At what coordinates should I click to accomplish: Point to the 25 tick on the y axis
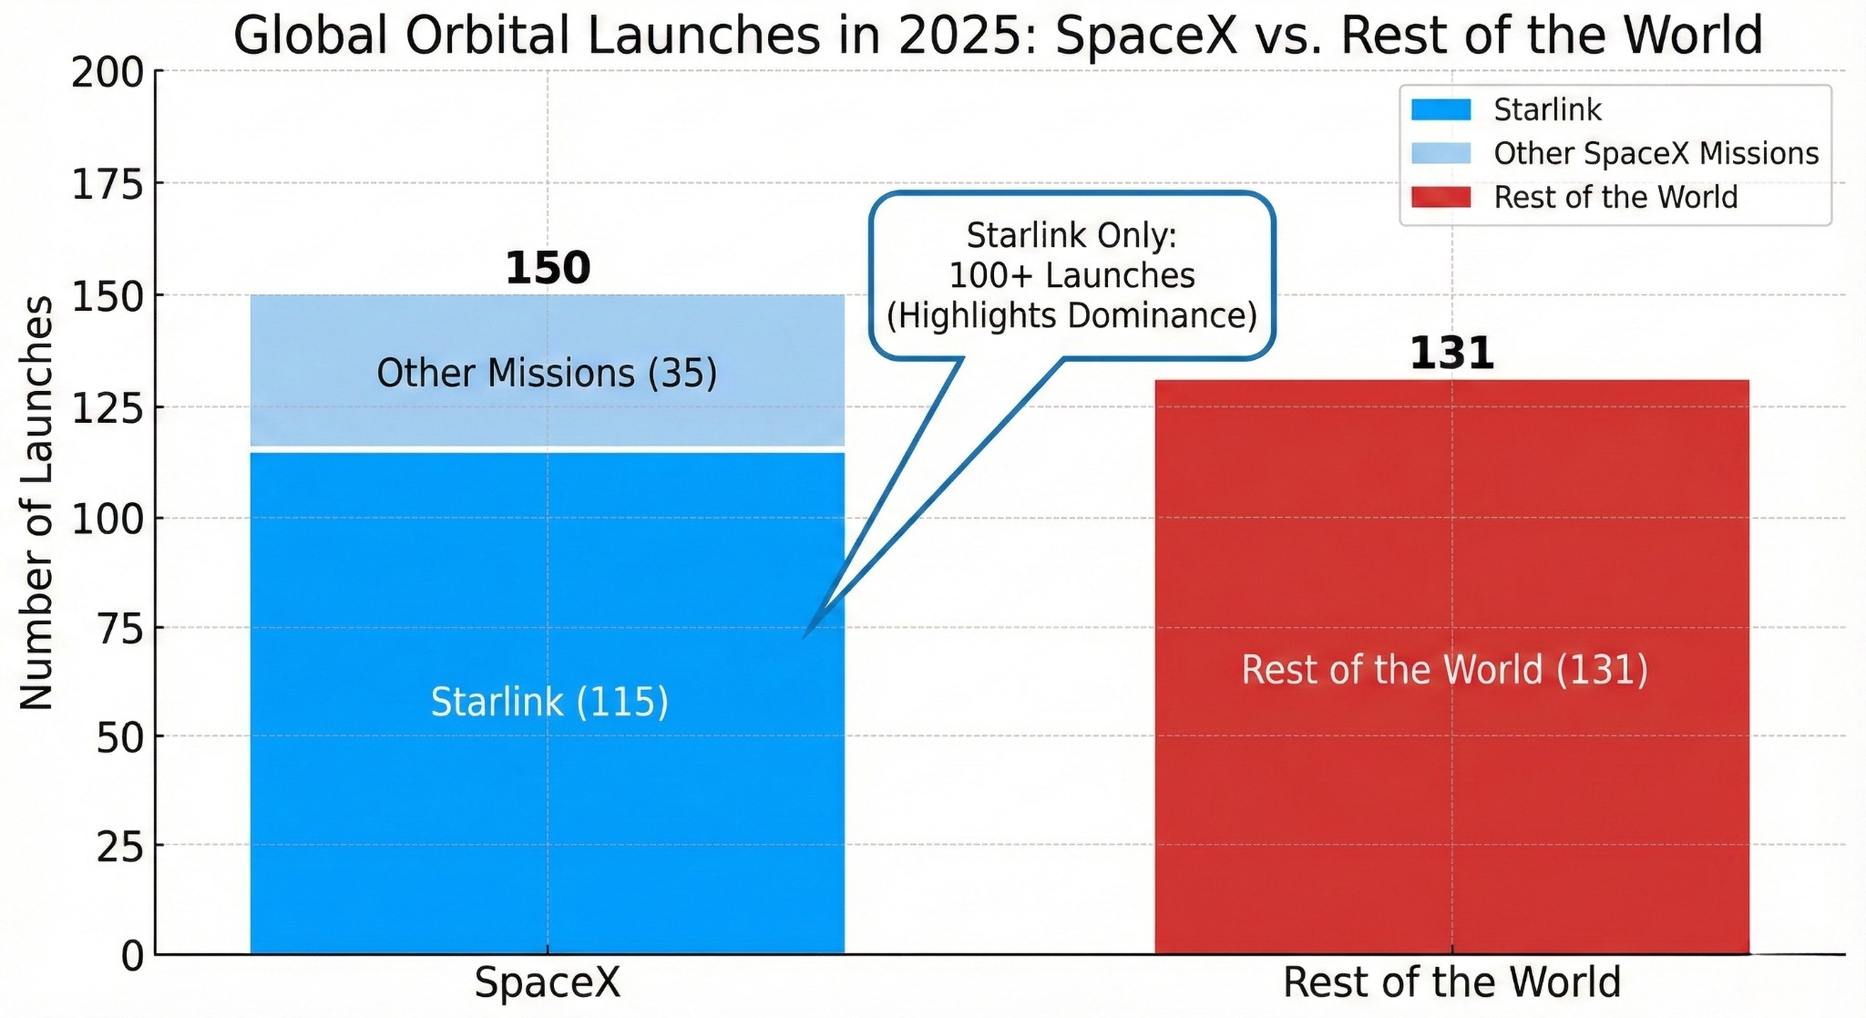(x=120, y=848)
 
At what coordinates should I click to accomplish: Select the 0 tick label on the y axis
(x=132, y=956)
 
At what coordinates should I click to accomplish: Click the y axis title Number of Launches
(x=36, y=503)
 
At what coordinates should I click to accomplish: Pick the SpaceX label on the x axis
(x=547, y=983)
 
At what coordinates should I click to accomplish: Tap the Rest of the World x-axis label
(x=1451, y=983)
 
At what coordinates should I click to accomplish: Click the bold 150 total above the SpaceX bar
(x=548, y=268)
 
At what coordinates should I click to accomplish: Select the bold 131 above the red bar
(x=1451, y=354)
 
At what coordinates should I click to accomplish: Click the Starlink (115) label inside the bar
(x=549, y=702)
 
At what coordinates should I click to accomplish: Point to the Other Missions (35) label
(x=547, y=374)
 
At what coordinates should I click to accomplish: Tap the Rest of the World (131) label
(x=1444, y=670)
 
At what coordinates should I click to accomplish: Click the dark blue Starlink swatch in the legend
(x=1441, y=110)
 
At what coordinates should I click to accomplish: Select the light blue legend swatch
(x=1441, y=153)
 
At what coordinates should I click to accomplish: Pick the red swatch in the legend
(x=1441, y=197)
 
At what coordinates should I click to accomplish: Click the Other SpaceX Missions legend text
(x=1656, y=153)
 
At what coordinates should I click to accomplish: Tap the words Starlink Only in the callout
(x=1071, y=235)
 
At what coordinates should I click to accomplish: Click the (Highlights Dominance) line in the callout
(x=1071, y=315)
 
